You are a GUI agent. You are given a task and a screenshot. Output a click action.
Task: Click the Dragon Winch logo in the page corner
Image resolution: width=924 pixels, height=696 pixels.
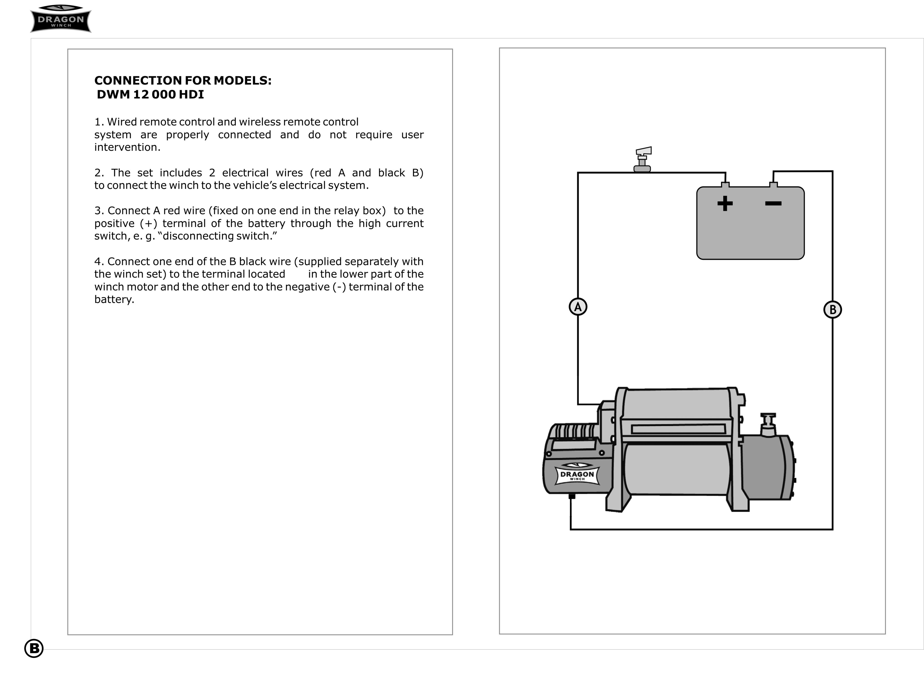tap(61, 19)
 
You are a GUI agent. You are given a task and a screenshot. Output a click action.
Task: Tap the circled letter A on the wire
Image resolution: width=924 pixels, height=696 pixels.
tap(578, 307)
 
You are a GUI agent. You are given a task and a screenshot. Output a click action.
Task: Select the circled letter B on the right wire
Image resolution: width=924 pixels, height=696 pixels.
tap(832, 310)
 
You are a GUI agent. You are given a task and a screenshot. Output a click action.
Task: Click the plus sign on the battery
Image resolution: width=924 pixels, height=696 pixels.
tap(725, 204)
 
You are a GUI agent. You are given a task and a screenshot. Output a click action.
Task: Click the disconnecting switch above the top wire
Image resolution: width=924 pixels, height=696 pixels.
tap(642, 159)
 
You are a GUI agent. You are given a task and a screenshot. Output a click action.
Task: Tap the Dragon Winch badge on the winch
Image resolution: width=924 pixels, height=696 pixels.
tap(577, 474)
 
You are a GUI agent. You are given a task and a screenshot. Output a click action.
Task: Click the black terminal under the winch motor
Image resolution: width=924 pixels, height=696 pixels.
tap(572, 496)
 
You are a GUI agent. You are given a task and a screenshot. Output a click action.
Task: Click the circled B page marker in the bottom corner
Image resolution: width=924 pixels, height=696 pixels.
tap(34, 648)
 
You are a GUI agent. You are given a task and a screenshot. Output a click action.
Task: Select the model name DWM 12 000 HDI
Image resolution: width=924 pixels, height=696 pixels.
tap(150, 95)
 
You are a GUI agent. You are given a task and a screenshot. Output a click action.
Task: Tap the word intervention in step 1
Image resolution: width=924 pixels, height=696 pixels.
tap(127, 147)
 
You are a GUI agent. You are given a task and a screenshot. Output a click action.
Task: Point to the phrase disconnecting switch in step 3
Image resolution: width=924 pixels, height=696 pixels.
tap(217, 236)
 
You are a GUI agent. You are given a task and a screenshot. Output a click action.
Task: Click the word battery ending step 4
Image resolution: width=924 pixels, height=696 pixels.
tap(114, 299)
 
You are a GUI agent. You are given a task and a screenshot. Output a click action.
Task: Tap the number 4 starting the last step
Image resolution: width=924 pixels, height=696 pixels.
tap(98, 262)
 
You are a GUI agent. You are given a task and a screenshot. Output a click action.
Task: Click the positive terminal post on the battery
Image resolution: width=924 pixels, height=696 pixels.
tap(725, 185)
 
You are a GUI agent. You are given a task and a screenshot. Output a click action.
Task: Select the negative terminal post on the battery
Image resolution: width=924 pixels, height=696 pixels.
tap(773, 185)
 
